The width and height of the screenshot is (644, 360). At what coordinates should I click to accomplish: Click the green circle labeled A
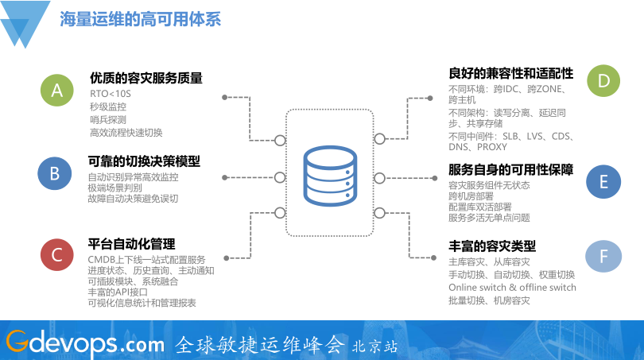tap(56, 91)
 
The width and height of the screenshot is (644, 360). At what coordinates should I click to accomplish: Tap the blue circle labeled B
tap(55, 174)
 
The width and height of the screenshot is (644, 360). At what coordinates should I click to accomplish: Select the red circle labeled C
tap(56, 255)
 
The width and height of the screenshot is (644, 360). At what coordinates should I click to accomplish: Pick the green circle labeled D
tap(603, 80)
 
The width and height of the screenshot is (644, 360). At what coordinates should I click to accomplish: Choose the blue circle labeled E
tap(603, 182)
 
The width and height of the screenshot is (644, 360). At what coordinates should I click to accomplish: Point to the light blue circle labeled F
tap(603, 256)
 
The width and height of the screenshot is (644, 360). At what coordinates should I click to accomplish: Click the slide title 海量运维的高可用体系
tap(140, 19)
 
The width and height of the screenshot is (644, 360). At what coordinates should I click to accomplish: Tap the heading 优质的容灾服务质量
tap(146, 78)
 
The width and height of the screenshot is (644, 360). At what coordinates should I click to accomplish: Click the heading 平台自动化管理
tap(132, 244)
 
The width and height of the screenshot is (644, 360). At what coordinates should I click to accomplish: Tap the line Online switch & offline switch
tap(512, 287)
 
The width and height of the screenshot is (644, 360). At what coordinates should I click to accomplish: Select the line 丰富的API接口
tap(118, 292)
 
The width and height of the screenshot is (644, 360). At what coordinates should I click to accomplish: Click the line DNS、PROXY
tap(478, 147)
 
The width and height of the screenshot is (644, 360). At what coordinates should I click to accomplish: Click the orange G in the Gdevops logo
tap(17, 343)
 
